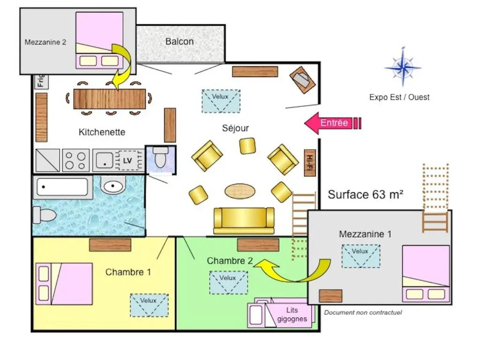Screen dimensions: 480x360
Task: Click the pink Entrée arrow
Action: point(333,123)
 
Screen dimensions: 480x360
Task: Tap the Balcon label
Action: point(180,41)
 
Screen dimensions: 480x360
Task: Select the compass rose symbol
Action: point(403,67)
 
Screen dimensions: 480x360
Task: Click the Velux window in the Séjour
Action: point(221,101)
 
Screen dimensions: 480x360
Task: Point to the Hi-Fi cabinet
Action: point(310,163)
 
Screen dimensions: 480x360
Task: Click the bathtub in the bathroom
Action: point(63,187)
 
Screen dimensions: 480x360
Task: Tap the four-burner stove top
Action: point(76,160)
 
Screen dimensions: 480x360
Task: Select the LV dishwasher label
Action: point(127,160)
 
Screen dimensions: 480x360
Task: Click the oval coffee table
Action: point(240,191)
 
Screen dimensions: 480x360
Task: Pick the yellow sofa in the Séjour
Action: point(244,221)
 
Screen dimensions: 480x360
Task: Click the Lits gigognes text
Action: point(292,315)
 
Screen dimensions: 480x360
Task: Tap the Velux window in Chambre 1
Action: point(150,305)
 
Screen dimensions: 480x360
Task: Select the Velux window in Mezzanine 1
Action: point(361,256)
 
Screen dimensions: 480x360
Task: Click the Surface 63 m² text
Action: point(366,195)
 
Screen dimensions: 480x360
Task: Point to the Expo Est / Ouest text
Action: point(399,97)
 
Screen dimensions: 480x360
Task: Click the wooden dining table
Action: point(110,99)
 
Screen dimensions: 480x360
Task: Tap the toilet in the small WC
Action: point(160,157)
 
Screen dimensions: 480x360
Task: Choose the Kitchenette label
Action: point(102,132)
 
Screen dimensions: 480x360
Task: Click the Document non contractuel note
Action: point(363,313)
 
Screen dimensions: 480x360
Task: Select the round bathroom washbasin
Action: point(112,186)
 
